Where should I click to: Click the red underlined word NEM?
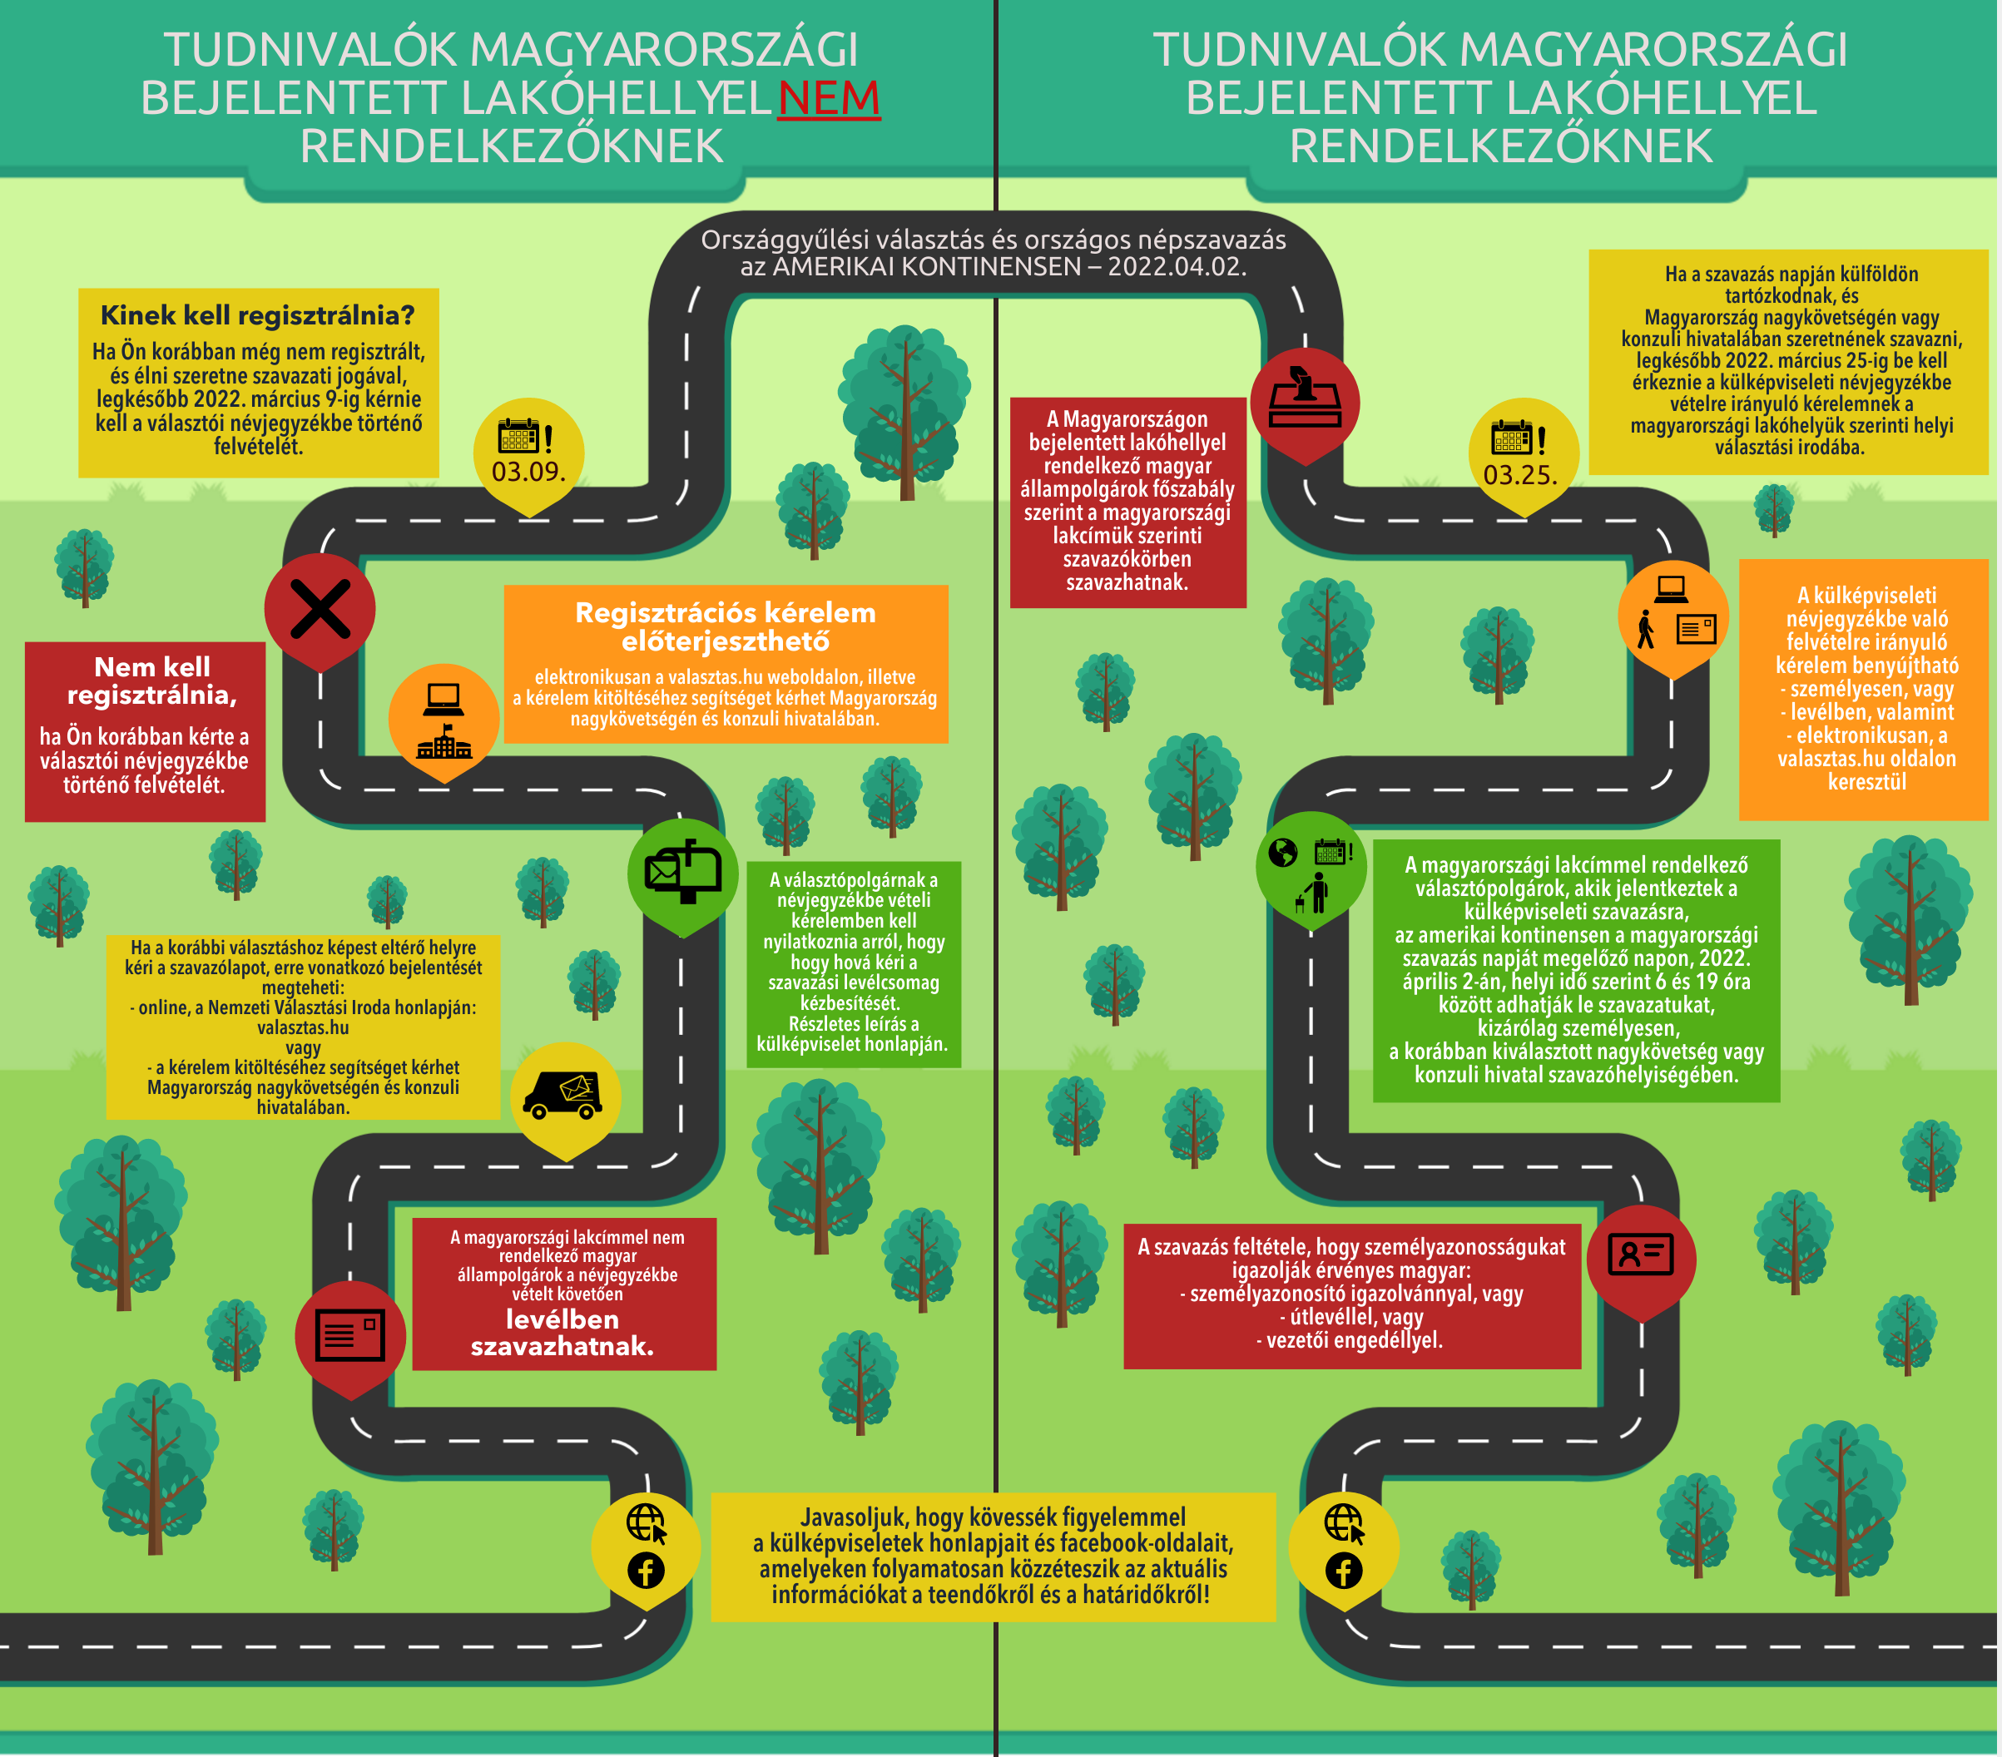[x=829, y=98]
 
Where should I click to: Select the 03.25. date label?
[x=1520, y=476]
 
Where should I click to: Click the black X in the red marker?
[x=320, y=609]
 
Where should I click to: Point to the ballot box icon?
[x=1305, y=399]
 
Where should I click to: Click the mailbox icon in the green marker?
[x=682, y=872]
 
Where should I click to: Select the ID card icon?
[x=1642, y=1254]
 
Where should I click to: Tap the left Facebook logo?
[x=646, y=1571]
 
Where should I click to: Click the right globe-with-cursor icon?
[x=1344, y=1524]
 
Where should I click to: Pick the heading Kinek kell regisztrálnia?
[x=258, y=315]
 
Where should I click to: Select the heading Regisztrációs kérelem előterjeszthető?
[x=725, y=626]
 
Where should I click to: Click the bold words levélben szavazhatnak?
[x=562, y=1333]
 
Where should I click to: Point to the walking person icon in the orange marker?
[x=1647, y=629]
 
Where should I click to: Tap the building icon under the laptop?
[x=444, y=745]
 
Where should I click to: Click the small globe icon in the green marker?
[x=1283, y=853]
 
